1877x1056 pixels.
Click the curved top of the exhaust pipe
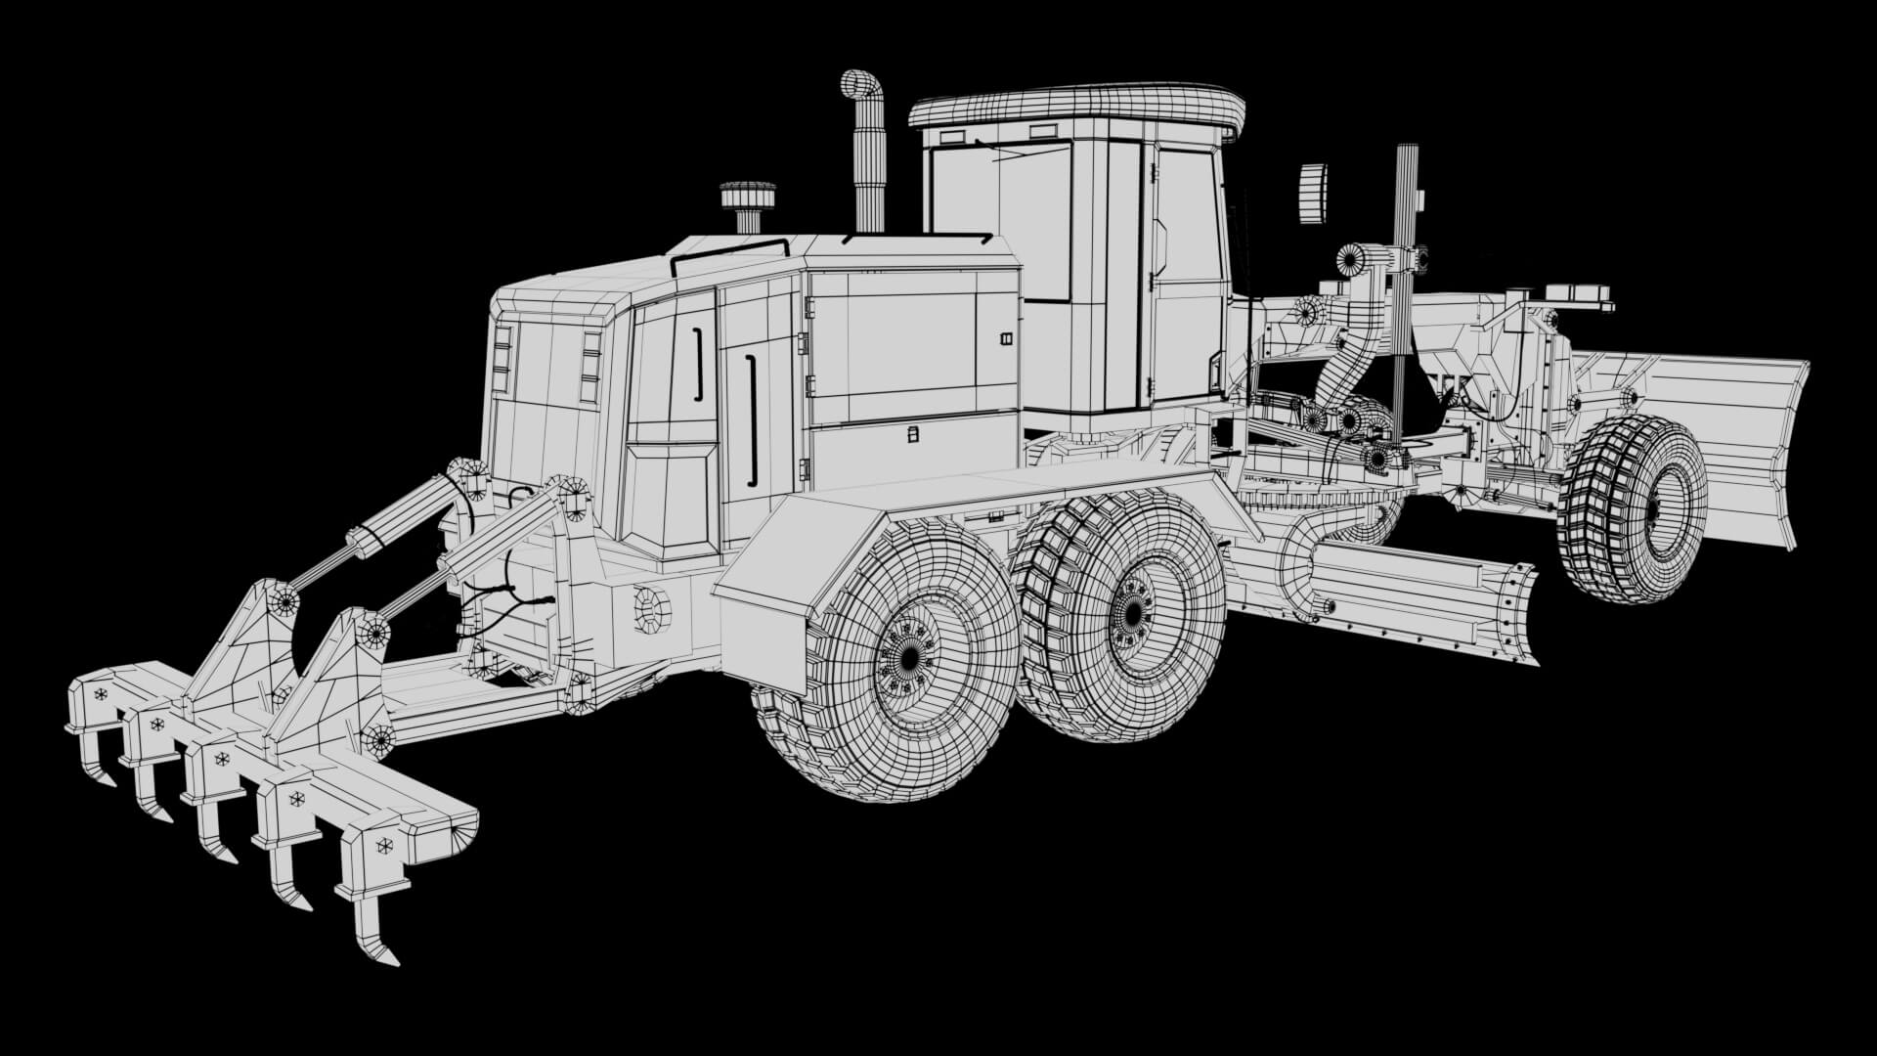coord(861,85)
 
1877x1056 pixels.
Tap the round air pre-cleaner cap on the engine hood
coord(748,195)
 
